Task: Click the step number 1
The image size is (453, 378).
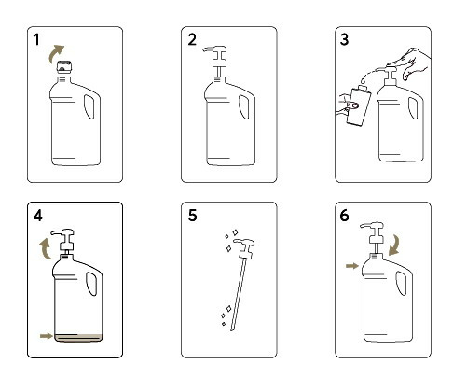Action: tap(36, 39)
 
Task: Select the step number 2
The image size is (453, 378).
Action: tap(192, 39)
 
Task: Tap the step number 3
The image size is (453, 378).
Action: tap(344, 39)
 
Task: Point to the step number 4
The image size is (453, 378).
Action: tap(38, 216)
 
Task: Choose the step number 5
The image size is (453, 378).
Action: tap(192, 216)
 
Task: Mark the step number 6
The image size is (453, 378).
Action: tap(344, 216)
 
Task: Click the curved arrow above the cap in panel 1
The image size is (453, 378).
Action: tap(55, 53)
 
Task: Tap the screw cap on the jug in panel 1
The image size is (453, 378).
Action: tap(64, 67)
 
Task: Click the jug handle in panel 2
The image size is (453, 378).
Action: tap(244, 106)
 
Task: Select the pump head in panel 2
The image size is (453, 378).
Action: tap(216, 56)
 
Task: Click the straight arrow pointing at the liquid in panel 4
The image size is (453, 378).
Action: tap(47, 336)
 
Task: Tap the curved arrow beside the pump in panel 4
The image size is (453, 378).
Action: tap(46, 248)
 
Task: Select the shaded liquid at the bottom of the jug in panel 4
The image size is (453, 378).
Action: tap(78, 338)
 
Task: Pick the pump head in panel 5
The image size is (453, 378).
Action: tap(245, 248)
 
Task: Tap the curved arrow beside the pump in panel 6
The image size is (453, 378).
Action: tap(394, 245)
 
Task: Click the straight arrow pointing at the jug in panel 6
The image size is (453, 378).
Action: tap(352, 266)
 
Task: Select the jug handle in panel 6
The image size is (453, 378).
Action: tap(402, 283)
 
